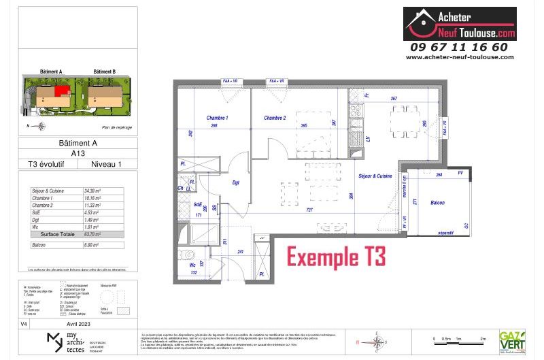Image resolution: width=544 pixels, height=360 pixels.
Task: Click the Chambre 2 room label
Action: pos(275,118)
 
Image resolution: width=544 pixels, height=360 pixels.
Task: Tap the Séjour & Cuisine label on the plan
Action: pos(375,176)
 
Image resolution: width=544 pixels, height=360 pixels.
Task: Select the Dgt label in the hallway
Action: pos(236,182)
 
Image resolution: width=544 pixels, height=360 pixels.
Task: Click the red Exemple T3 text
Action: pos(336,258)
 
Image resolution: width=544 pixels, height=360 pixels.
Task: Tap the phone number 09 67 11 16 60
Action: pos(459,47)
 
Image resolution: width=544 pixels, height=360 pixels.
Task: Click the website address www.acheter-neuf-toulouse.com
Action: pos(459,57)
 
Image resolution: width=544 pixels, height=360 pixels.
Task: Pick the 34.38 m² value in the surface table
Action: pos(93,191)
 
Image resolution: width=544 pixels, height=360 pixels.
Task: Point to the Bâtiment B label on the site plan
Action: pos(104,71)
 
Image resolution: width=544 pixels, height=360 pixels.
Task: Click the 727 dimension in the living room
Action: pos(309,211)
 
